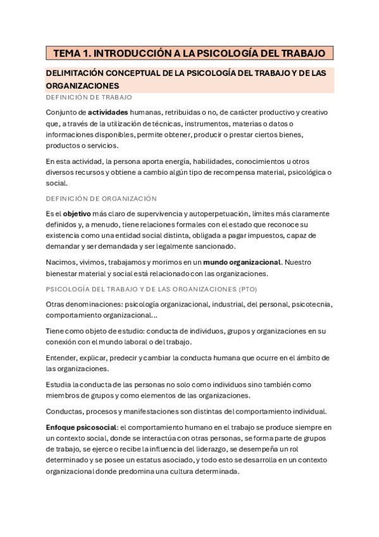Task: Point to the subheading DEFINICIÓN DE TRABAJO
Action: click(89, 98)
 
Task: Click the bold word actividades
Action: click(109, 112)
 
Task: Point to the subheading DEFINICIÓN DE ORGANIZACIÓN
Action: click(101, 198)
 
